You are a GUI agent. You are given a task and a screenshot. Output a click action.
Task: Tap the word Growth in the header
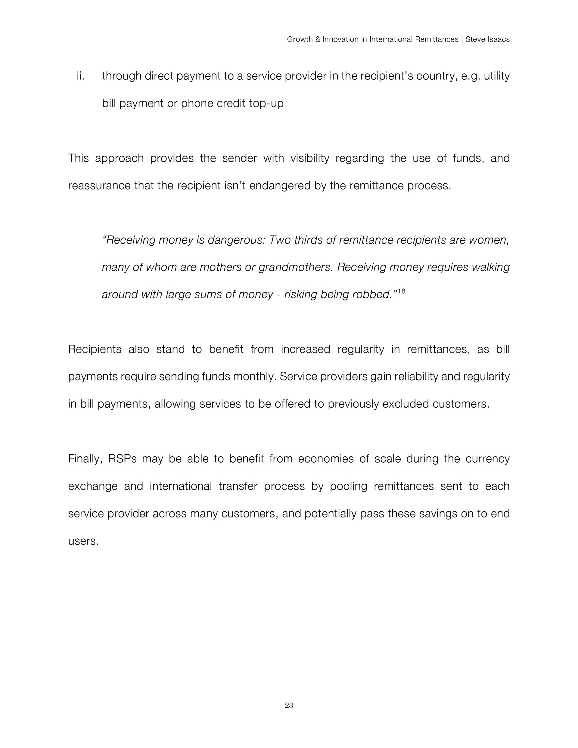point(300,39)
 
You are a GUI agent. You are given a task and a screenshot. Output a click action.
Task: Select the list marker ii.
point(80,76)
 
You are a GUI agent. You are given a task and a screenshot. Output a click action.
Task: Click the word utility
point(496,76)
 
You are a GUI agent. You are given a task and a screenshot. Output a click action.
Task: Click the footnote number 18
point(402,291)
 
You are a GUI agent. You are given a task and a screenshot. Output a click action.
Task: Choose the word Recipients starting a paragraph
point(95,349)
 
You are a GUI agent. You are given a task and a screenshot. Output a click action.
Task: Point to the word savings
point(438,514)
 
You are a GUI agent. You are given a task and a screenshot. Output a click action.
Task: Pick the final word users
point(83,541)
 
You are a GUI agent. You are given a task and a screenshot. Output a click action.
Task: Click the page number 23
point(289,706)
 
